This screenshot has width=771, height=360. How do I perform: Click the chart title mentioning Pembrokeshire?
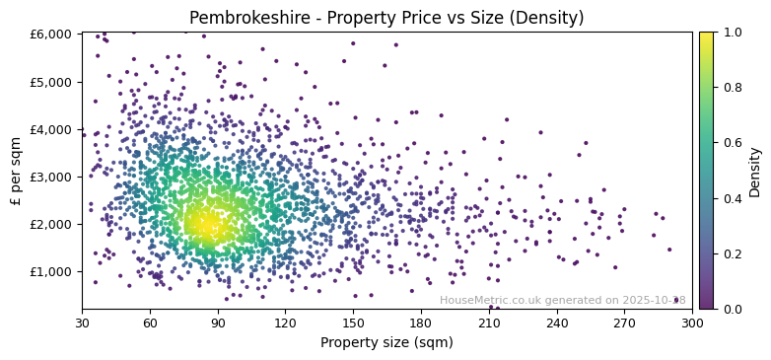click(x=386, y=18)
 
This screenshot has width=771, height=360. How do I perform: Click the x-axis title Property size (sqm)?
click(x=386, y=343)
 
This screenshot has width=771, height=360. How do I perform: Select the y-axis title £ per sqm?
click(x=16, y=171)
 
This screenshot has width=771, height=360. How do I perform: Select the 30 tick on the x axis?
click(x=82, y=323)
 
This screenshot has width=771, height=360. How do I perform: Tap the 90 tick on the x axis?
click(x=218, y=323)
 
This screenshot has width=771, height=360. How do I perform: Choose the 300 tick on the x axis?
click(x=692, y=323)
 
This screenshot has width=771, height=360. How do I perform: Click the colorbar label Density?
click(x=755, y=171)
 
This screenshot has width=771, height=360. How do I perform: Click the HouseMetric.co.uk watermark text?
click(x=562, y=300)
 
